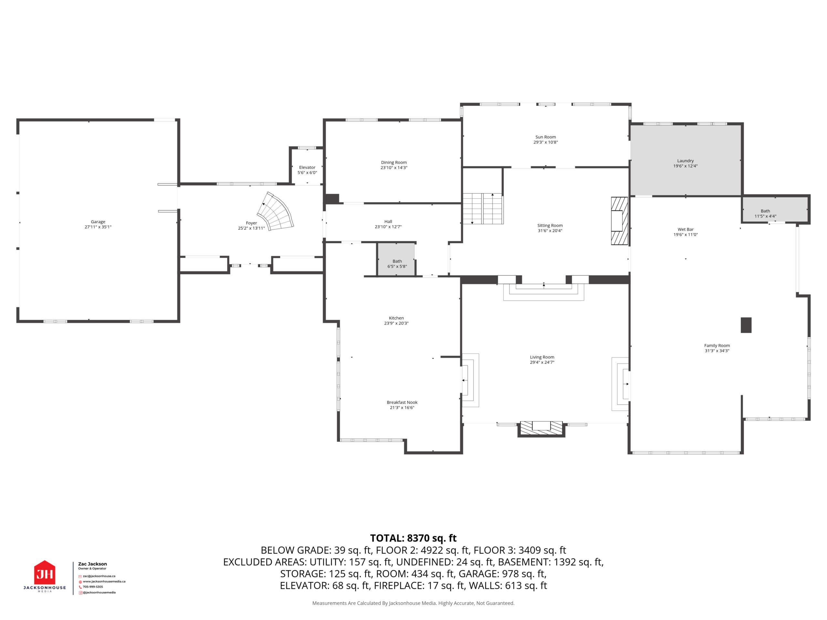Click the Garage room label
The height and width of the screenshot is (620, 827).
click(98, 222)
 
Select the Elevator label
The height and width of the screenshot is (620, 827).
click(307, 167)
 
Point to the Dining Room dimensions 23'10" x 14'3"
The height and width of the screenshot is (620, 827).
click(394, 168)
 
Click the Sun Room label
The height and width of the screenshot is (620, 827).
click(546, 137)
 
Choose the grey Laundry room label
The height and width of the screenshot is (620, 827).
click(685, 161)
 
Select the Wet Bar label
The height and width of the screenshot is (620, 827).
click(686, 230)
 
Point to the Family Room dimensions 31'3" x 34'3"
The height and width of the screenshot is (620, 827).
click(717, 351)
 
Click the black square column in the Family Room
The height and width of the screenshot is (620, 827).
click(746, 325)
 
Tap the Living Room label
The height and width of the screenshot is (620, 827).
click(542, 357)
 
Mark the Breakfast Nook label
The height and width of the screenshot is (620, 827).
click(402, 402)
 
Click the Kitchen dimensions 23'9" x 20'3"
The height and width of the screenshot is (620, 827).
click(396, 323)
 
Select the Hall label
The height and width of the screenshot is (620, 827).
click(388, 222)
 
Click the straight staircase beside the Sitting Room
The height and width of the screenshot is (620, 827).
click(483, 209)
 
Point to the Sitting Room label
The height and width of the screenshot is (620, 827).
click(550, 225)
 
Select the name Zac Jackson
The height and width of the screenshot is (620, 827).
click(92, 564)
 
